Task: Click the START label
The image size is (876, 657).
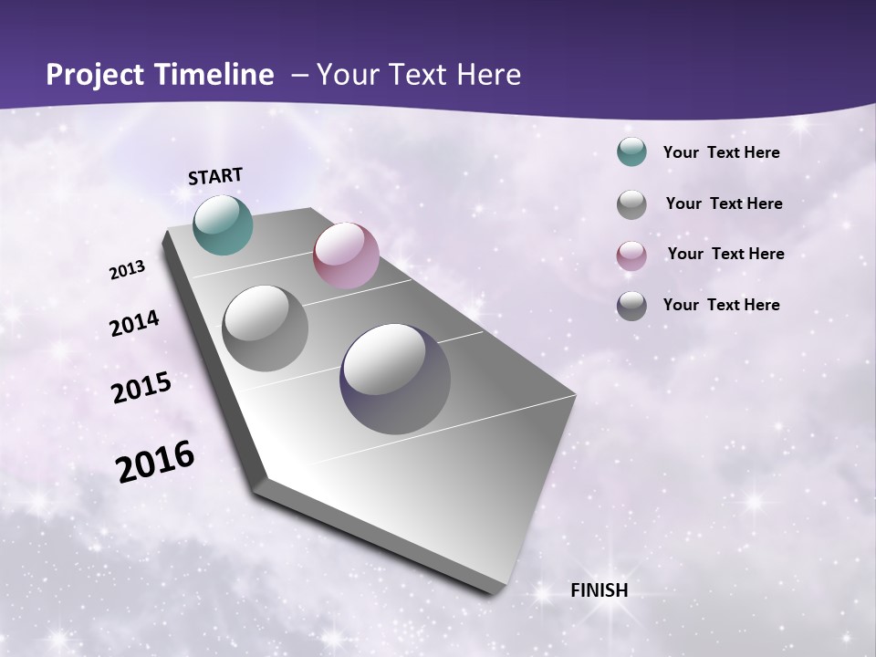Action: pos(215,176)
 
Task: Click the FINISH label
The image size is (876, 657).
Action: pos(599,590)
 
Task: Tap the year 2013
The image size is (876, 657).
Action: pos(127,270)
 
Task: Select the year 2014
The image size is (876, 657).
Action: pos(134,324)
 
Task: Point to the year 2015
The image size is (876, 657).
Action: pos(141,388)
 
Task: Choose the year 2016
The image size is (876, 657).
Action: pos(154,462)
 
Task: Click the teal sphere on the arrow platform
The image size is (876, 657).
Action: pos(223,224)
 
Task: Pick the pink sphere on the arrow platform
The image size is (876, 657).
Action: pos(346,255)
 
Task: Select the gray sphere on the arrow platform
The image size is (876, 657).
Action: pos(265,328)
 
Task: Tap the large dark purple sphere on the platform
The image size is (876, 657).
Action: pos(395,379)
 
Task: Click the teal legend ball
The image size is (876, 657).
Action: pos(631,151)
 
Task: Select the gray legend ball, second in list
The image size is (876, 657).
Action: pos(631,204)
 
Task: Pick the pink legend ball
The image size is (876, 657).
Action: pos(631,255)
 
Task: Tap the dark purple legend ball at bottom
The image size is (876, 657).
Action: pos(631,306)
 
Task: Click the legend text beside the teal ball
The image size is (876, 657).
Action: pos(721,152)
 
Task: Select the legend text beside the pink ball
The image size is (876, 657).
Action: pos(725,254)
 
